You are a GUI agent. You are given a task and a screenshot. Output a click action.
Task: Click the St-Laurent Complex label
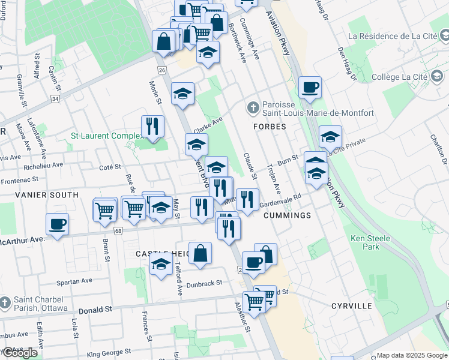(106, 136)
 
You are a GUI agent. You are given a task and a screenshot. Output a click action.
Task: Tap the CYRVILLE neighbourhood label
(351, 306)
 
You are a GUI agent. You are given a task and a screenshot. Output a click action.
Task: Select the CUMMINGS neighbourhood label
(287, 215)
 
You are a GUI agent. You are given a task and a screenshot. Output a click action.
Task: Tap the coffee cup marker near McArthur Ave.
(57, 224)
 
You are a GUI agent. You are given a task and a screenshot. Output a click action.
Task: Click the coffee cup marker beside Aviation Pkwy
(310, 88)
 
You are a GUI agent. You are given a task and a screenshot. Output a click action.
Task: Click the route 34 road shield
(55, 98)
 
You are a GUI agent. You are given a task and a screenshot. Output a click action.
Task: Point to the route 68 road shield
(118, 231)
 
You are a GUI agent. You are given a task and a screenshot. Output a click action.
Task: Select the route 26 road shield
(162, 70)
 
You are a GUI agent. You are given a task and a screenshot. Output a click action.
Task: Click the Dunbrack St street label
(204, 283)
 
